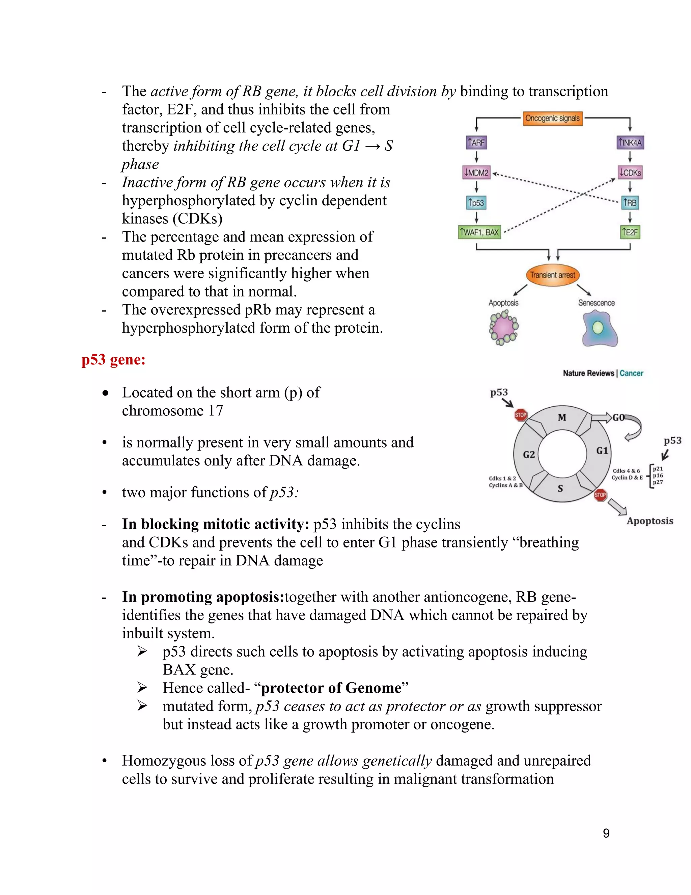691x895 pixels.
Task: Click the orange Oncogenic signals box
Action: click(x=552, y=119)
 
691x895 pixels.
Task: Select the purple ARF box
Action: click(x=476, y=143)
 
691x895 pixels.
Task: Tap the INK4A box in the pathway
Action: click(x=630, y=143)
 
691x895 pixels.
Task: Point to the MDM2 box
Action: click(x=476, y=173)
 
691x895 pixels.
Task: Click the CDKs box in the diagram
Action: click(x=630, y=173)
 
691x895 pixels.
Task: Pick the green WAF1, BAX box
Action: click(x=479, y=232)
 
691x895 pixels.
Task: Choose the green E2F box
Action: click(x=630, y=232)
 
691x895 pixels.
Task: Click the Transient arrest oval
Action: click(x=552, y=275)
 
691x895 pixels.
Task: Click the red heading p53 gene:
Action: click(x=113, y=360)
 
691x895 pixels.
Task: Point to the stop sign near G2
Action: click(x=520, y=415)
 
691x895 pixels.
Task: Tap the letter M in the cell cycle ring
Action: click(x=562, y=417)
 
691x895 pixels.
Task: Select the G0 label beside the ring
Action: click(x=618, y=417)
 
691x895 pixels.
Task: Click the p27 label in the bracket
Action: click(x=658, y=482)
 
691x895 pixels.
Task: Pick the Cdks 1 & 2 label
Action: click(x=502, y=478)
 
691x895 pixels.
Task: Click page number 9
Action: click(x=606, y=833)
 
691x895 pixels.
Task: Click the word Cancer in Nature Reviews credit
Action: click(x=631, y=373)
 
